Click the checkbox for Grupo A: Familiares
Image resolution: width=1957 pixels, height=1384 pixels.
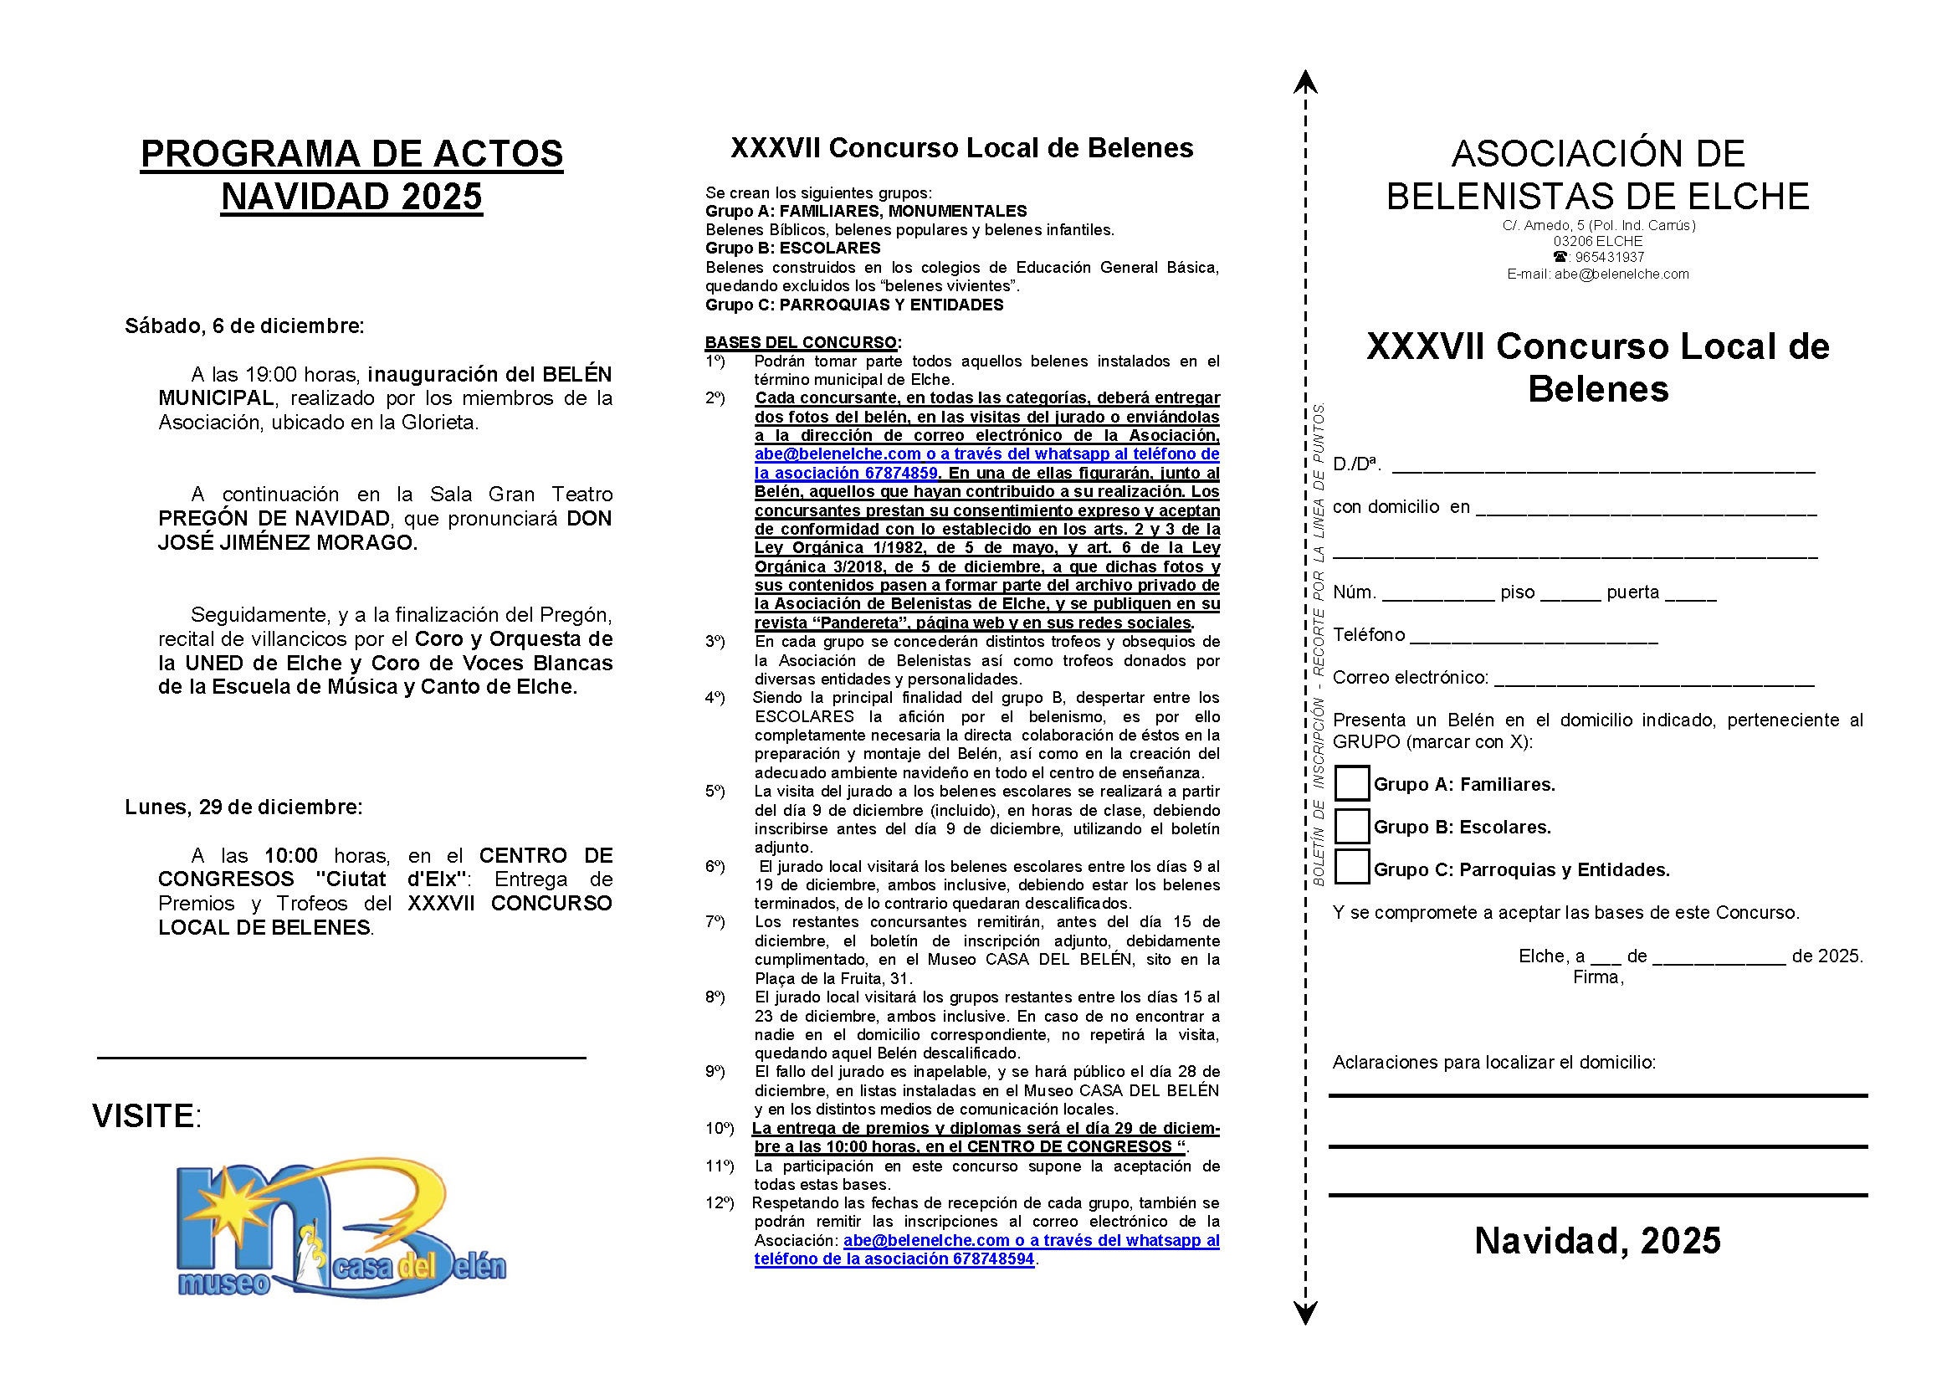click(x=1351, y=783)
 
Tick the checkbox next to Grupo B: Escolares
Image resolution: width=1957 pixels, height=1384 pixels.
click(x=1351, y=826)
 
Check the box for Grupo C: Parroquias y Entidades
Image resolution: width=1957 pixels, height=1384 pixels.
click(x=1351, y=868)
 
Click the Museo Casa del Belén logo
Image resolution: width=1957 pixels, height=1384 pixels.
click(x=341, y=1228)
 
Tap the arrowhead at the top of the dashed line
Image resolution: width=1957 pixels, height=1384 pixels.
click(x=1305, y=82)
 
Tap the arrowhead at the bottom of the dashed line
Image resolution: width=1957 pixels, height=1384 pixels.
click(x=1305, y=1313)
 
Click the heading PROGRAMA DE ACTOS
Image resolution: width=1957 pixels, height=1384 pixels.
click(x=351, y=154)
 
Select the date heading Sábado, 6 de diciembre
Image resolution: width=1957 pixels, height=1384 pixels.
click(x=244, y=325)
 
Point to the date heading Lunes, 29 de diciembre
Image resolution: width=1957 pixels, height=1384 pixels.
click(x=243, y=807)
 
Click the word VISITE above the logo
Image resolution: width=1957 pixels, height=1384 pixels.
click(x=145, y=1116)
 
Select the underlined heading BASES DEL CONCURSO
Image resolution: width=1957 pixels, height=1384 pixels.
click(x=801, y=342)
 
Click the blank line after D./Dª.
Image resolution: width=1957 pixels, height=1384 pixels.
click(x=1602, y=466)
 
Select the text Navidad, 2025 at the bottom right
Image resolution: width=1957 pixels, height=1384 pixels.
click(x=1597, y=1241)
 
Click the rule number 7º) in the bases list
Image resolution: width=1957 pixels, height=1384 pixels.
click(x=715, y=922)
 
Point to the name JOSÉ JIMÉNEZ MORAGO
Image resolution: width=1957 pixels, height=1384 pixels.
click(x=287, y=543)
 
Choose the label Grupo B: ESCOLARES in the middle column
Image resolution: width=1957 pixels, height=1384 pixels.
click(x=792, y=248)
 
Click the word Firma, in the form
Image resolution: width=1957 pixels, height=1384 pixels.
click(x=1598, y=977)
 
